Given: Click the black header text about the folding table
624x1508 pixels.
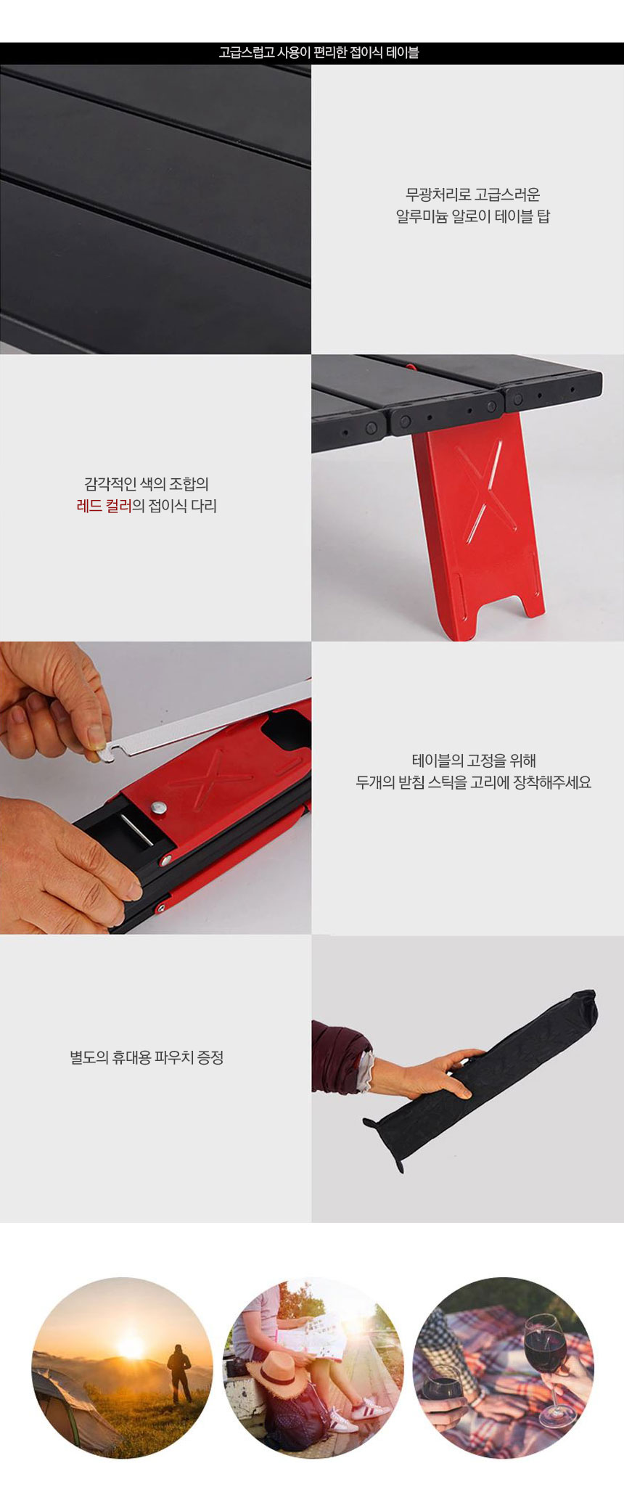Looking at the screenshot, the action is point(319,52).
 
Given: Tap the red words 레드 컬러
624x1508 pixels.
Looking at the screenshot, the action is point(104,506).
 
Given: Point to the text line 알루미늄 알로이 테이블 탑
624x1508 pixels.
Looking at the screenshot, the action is point(473,216).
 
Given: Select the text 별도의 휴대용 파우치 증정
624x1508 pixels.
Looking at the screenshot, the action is point(147,1057).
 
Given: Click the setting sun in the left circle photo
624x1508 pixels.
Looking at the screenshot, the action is point(131,1348).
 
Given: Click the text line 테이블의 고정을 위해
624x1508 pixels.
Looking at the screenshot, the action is point(474,761).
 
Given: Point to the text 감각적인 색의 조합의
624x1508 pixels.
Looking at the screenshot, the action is point(147,484).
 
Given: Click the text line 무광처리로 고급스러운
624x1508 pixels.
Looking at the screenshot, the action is point(473,194).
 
